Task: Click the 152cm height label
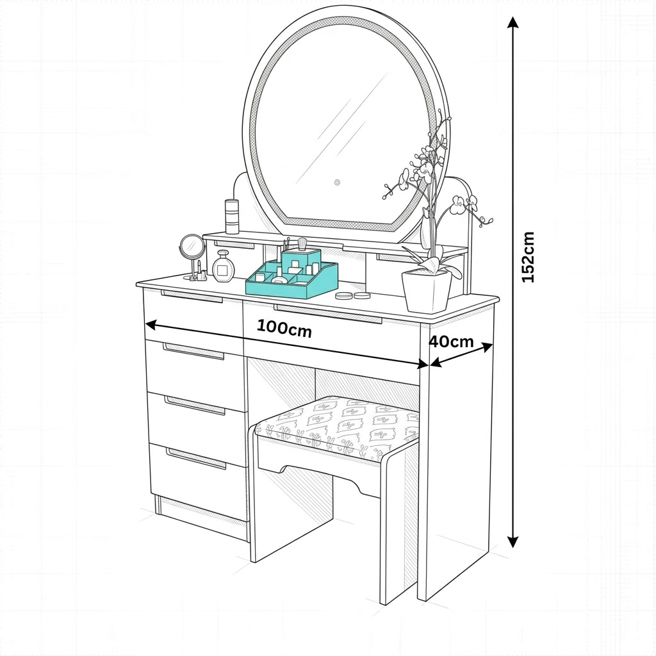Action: pyautogui.click(x=528, y=257)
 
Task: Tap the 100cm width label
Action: pyautogui.click(x=284, y=328)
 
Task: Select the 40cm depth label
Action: pyautogui.click(x=451, y=341)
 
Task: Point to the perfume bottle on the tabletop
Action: pyautogui.click(x=224, y=267)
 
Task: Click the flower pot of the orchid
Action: pyautogui.click(x=427, y=290)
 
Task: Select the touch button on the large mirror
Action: pyautogui.click(x=336, y=182)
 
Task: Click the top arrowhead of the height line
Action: pyautogui.click(x=512, y=23)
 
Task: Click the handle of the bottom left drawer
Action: pyautogui.click(x=196, y=459)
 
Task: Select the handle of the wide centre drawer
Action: pyautogui.click(x=328, y=315)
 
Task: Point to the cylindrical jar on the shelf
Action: pyautogui.click(x=232, y=216)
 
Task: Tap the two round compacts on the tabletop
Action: pyautogui.click(x=353, y=295)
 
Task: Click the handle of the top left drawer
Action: pyautogui.click(x=192, y=297)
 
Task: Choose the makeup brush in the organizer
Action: pyautogui.click(x=302, y=245)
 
